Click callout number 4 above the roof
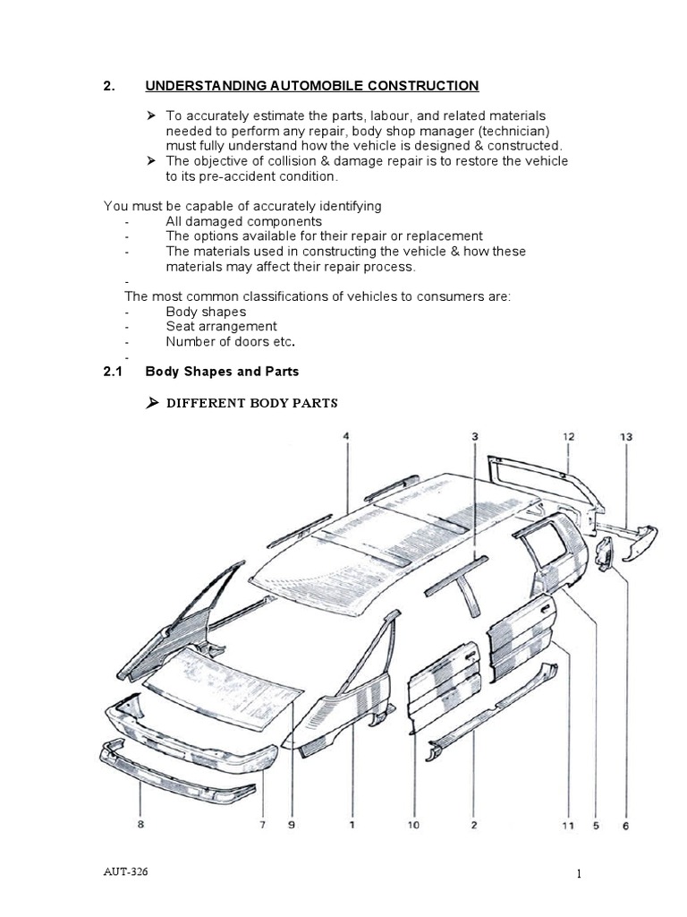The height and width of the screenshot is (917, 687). pyautogui.click(x=346, y=436)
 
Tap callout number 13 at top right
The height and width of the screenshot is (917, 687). pyautogui.click(x=626, y=437)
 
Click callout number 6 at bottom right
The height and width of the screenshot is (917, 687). pyautogui.click(x=625, y=826)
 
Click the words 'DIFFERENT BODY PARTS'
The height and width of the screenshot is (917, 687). pyautogui.click(x=252, y=403)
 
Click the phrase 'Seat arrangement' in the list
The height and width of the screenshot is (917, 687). pyautogui.click(x=221, y=327)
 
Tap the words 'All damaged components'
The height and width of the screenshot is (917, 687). pyautogui.click(x=243, y=221)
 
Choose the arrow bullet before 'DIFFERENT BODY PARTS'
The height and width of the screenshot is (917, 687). pyautogui.click(x=151, y=403)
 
